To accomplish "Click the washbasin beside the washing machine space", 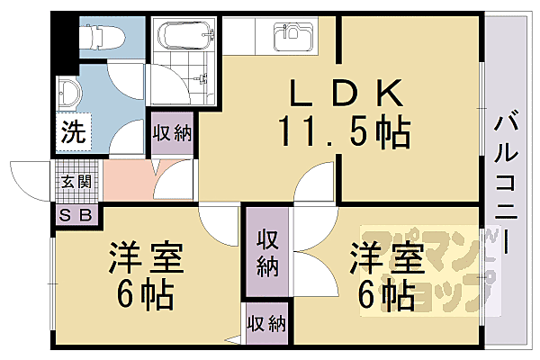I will click(x=68, y=92).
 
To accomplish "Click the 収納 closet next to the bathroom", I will click(x=172, y=134).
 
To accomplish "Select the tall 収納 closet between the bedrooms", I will click(x=267, y=253).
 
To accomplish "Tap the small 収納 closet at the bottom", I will click(x=265, y=323).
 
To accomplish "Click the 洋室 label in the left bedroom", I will click(x=147, y=258).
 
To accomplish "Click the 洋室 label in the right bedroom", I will click(x=387, y=258).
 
